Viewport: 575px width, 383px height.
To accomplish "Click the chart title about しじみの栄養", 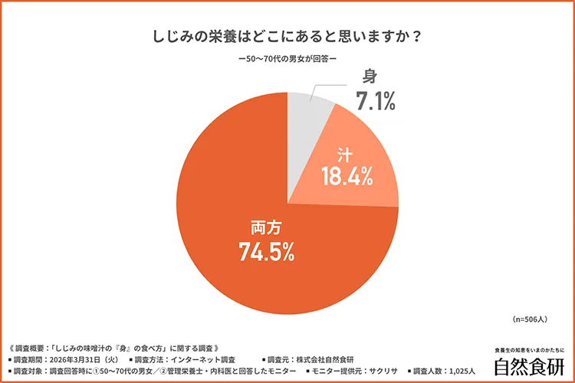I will click(287, 37).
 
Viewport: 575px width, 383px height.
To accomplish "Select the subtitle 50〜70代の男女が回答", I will click(287, 61).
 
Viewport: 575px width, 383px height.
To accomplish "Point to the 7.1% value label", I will click(374, 100).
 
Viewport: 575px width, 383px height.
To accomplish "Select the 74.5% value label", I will click(268, 249).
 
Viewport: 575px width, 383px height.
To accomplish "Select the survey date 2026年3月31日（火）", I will click(84, 358).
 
